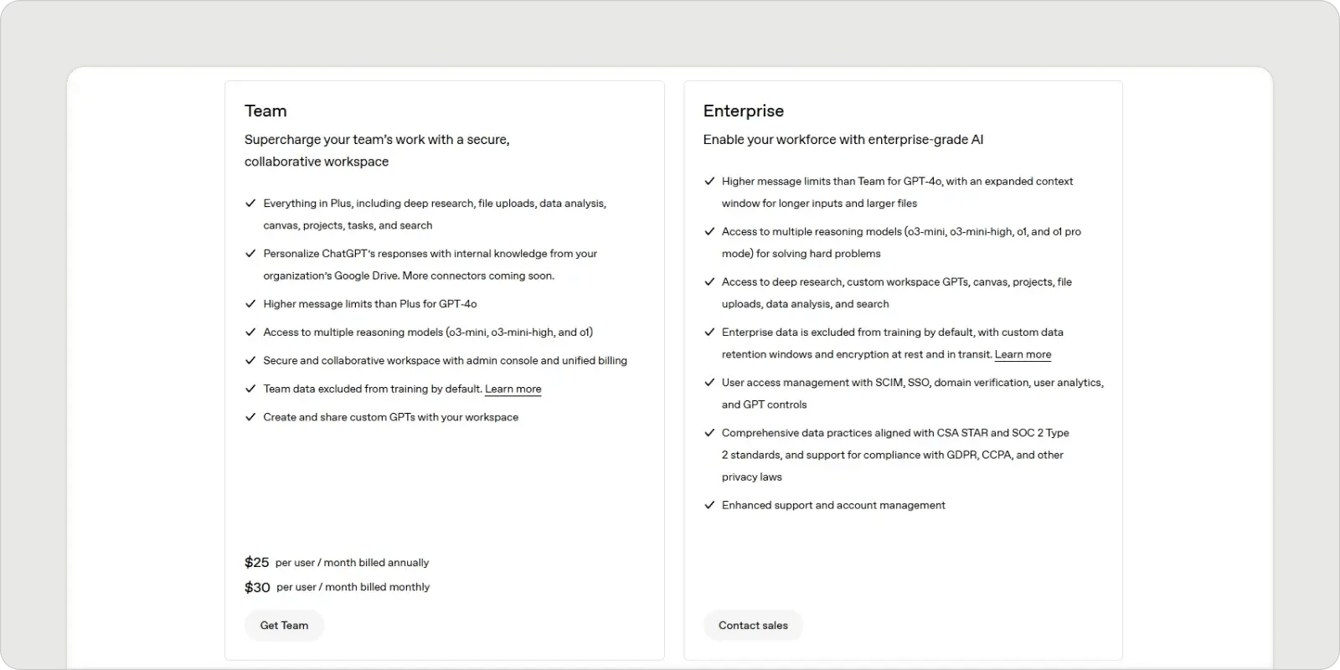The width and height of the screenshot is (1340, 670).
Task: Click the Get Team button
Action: pyautogui.click(x=284, y=625)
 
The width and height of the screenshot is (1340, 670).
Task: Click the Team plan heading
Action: pyautogui.click(x=265, y=111)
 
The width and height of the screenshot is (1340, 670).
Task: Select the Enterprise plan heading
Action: pyautogui.click(x=743, y=111)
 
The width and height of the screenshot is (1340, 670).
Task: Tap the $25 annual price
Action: pyautogui.click(x=256, y=562)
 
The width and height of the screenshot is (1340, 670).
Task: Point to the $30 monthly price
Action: pyautogui.click(x=257, y=587)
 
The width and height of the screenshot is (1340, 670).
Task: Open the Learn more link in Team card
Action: pyautogui.click(x=513, y=389)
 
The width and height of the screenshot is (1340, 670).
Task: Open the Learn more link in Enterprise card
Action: pyautogui.click(x=1023, y=354)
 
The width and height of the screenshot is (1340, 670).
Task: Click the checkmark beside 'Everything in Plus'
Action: pyautogui.click(x=250, y=203)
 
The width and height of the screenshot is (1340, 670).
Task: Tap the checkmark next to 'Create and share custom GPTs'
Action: pyautogui.click(x=250, y=416)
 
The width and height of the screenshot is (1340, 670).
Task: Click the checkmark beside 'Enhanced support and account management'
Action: pyautogui.click(x=709, y=505)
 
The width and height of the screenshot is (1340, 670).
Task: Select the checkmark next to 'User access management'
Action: pyautogui.click(x=709, y=382)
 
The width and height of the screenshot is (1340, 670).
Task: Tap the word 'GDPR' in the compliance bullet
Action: pyautogui.click(x=962, y=455)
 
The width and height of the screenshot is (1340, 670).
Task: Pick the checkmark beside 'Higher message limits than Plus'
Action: pyautogui.click(x=250, y=303)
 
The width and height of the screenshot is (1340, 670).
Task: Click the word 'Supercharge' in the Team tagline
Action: pyautogui.click(x=282, y=140)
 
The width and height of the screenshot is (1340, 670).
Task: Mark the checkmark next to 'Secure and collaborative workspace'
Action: pyautogui.click(x=250, y=360)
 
